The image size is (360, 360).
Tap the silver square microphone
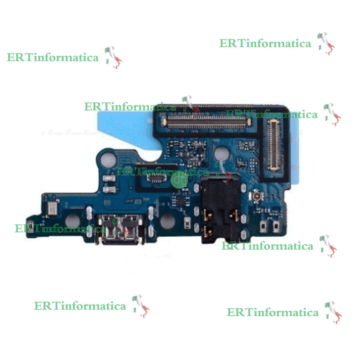tap(52, 209)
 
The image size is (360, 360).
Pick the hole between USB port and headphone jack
tap(167, 221)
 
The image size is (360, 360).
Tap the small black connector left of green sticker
tap(156, 179)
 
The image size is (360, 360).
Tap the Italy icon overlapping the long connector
tap(190, 106)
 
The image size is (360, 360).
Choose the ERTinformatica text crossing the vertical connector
tap(272, 115)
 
